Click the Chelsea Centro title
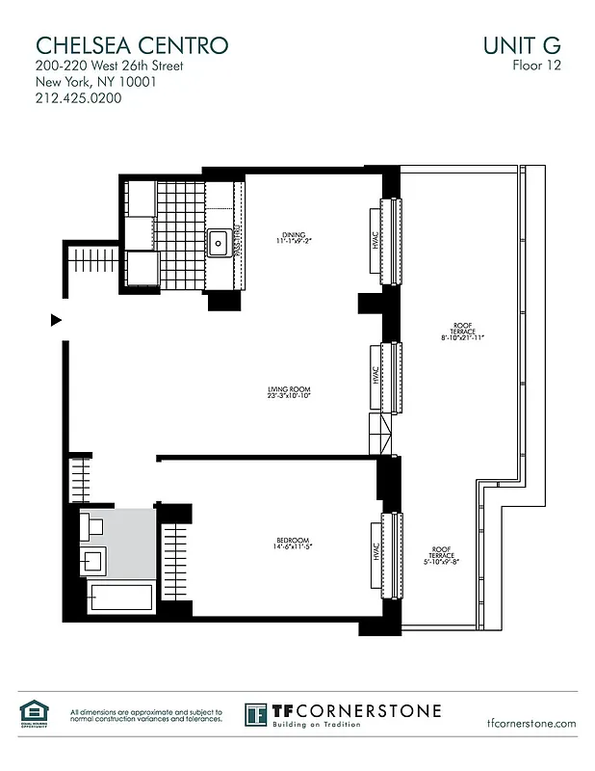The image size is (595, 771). [x=131, y=45]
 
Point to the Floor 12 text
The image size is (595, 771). [x=536, y=66]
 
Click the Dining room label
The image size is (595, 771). [x=293, y=235]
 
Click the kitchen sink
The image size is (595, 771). [x=220, y=241]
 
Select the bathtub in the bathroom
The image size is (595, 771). [x=120, y=598]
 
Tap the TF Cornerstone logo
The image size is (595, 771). [x=343, y=714]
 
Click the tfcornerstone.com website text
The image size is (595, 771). [x=531, y=723]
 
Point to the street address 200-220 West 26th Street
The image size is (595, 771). [x=109, y=66]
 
